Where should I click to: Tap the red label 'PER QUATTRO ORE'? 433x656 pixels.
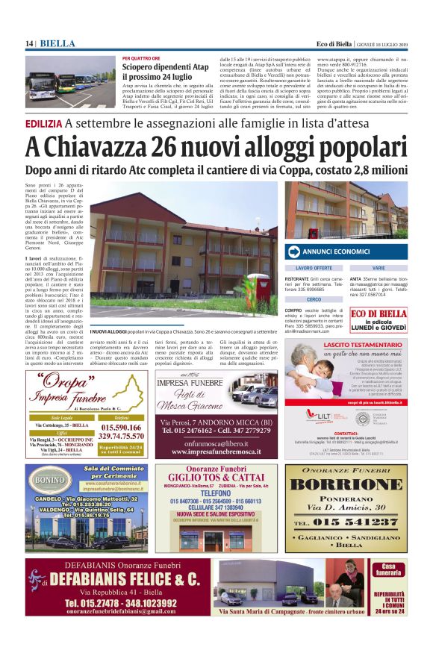pyautogui.click(x=141, y=58)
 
